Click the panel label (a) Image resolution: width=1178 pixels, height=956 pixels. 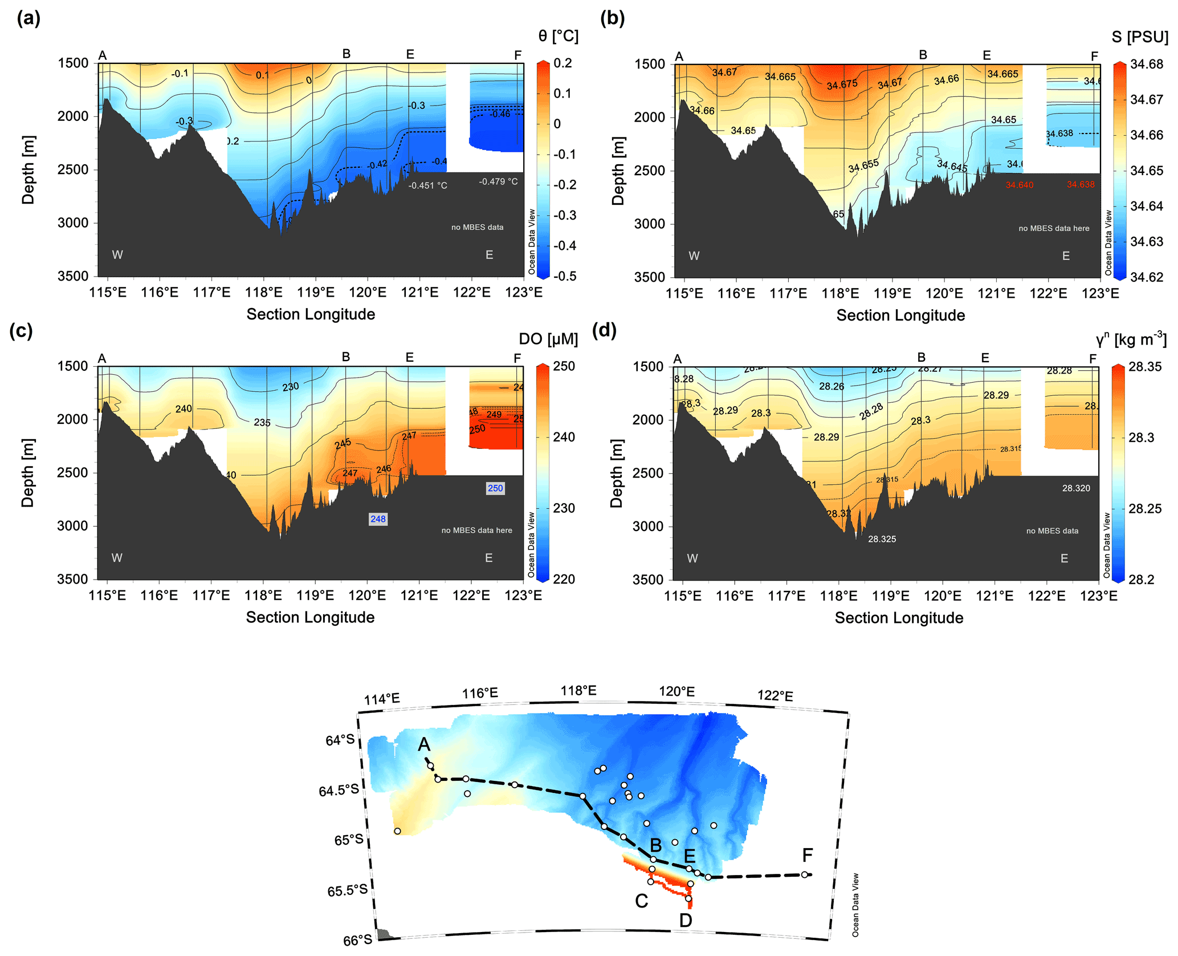28,19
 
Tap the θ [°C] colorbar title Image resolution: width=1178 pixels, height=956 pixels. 558,36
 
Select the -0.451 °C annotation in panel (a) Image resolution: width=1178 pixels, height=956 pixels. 427,185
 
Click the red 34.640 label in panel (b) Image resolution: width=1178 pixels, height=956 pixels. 1019,185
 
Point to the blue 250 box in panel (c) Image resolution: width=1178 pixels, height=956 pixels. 495,488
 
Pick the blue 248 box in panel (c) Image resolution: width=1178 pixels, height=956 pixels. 378,519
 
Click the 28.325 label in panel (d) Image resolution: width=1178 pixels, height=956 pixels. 882,539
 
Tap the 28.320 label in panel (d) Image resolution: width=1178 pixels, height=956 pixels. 1076,488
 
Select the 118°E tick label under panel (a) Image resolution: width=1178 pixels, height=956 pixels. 264,293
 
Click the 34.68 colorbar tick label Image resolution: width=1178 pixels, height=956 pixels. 1147,64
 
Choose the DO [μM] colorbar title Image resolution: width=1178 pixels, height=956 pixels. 548,339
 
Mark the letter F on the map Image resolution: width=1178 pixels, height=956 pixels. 807,855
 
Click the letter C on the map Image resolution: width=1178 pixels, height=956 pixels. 641,901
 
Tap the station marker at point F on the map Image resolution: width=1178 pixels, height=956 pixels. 804,874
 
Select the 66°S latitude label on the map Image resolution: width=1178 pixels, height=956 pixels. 357,940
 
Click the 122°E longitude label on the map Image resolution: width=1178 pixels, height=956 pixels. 775,696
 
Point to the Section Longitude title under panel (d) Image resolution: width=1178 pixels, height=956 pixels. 899,618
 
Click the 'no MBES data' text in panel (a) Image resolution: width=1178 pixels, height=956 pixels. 477,227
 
